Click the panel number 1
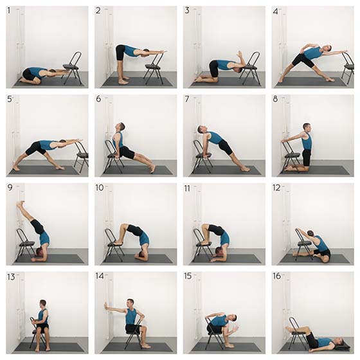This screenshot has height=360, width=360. point(9,10)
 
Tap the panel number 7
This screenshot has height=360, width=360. point(187,99)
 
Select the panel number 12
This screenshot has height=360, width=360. point(276,188)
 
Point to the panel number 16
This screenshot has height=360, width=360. point(277,276)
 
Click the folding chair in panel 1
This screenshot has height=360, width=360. point(73,67)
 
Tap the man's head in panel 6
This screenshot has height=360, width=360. point(120,127)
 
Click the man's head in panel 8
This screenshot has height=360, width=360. point(307,128)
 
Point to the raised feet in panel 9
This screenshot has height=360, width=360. point(20,203)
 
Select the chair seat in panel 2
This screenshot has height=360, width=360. point(154,67)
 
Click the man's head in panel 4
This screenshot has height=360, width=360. point(327,49)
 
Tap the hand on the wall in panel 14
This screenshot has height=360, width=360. point(105,306)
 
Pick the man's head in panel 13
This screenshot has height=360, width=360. point(42,303)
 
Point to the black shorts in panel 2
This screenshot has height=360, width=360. point(120,52)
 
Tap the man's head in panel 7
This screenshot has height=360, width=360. point(201,129)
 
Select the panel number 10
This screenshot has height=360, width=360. point(100,188)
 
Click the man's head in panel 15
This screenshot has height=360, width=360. point(232,318)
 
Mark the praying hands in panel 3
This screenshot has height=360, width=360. point(240,55)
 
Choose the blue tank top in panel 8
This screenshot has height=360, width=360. point(307,141)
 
